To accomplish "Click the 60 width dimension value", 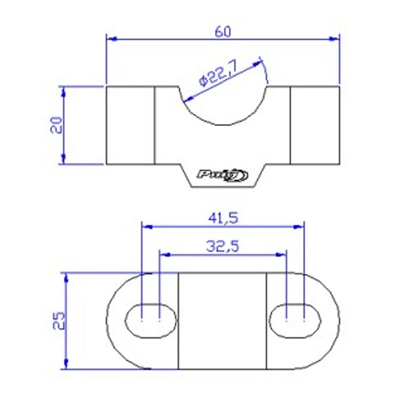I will (223, 31).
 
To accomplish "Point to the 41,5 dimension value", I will (223, 219).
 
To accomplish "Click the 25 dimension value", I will (56, 321).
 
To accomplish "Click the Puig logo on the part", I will (223, 175).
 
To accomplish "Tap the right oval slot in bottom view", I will (295, 320).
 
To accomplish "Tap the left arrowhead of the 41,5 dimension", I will (147, 226).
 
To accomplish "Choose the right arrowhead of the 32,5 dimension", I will (283, 254).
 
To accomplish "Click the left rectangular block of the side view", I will (130, 125).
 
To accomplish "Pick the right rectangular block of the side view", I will (315, 125).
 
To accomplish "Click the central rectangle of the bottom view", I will (223, 321).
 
